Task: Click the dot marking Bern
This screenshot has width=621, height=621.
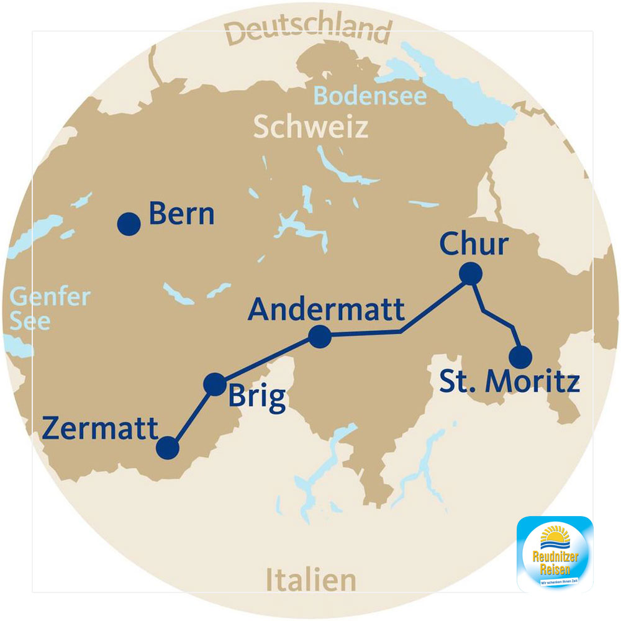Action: (x=129, y=224)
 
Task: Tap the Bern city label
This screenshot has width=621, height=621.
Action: (x=181, y=215)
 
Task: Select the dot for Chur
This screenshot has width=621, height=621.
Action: (x=470, y=273)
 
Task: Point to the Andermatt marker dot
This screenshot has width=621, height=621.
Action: (x=319, y=337)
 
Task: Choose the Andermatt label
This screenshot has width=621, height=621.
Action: (x=326, y=309)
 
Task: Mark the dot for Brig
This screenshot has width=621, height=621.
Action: (x=215, y=384)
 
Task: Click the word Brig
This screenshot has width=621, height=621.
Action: (x=256, y=397)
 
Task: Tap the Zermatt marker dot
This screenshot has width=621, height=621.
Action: (x=168, y=448)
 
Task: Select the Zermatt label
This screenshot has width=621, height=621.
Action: (x=100, y=428)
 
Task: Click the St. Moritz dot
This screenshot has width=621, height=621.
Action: (x=520, y=357)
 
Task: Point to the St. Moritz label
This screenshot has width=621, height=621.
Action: (x=509, y=382)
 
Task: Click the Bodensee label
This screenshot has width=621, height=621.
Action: (x=370, y=96)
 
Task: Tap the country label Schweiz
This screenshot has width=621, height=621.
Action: (x=310, y=127)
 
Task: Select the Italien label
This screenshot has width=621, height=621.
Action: (x=311, y=581)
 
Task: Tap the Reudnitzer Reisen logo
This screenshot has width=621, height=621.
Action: (x=555, y=553)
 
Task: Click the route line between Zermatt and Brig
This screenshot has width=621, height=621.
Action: (x=191, y=416)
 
